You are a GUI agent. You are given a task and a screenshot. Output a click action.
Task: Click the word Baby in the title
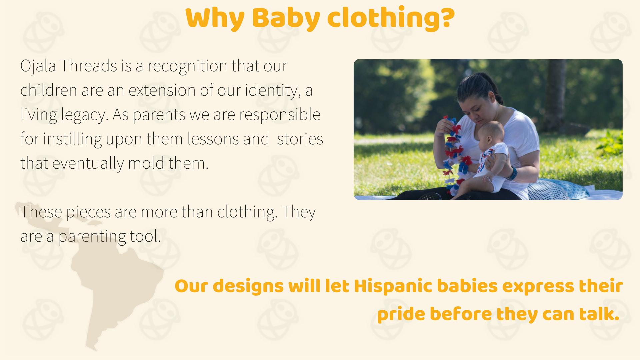coord(286,19)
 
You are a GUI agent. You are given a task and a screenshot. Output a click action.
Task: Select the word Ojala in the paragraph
coord(38,66)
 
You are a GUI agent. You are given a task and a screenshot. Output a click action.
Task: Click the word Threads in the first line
coord(89,66)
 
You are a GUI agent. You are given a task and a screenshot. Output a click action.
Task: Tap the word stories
coord(300,139)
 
